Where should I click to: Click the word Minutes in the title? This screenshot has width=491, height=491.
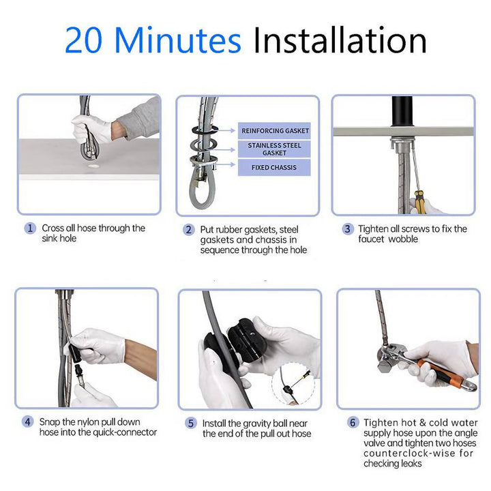pyautogui.click(x=178, y=40)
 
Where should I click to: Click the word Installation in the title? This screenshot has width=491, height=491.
pyautogui.click(x=340, y=40)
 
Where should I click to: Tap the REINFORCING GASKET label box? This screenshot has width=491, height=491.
pyautogui.click(x=274, y=130)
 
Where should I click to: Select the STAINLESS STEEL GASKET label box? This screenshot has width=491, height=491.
pyautogui.click(x=274, y=149)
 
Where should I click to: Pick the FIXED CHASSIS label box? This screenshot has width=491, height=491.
pyautogui.click(x=274, y=168)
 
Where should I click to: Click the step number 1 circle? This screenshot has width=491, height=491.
pyautogui.click(x=30, y=228)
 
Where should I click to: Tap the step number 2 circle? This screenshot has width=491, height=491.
pyautogui.click(x=188, y=230)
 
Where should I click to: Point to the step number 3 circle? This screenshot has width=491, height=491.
pyautogui.click(x=348, y=229)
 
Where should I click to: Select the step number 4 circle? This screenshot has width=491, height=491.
pyautogui.click(x=27, y=422)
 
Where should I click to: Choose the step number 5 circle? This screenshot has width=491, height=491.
pyautogui.click(x=190, y=423)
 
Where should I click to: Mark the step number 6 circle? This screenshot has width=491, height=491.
pyautogui.click(x=353, y=422)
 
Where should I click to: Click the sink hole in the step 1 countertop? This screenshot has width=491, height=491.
pyautogui.click(x=93, y=166)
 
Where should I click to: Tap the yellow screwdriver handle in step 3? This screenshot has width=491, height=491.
pyautogui.click(x=420, y=202)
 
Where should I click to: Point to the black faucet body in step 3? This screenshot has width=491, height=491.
pyautogui.click(x=402, y=111)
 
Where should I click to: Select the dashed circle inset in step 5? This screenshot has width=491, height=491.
pyautogui.click(x=293, y=383)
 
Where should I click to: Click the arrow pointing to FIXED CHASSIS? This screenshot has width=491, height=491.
pyautogui.click(x=226, y=164)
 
